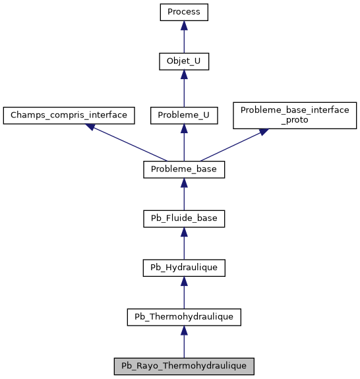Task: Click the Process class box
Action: click(184, 12)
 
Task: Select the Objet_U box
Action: click(184, 63)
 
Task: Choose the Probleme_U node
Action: click(184, 115)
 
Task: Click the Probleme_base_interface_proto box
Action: click(294, 115)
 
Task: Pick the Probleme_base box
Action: click(184, 169)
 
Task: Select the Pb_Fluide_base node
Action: click(184, 218)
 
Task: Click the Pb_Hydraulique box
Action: click(184, 268)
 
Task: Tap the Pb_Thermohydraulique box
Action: click(184, 316)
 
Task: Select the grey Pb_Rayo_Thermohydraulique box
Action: click(184, 365)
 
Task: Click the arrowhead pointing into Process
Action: click(184, 25)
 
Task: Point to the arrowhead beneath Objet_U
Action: click(184, 76)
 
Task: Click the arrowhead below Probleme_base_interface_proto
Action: click(263, 132)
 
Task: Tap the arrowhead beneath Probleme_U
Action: click(184, 128)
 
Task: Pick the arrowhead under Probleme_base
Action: click(184, 183)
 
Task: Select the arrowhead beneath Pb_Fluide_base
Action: click(184, 231)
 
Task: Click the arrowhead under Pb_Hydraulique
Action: click(184, 281)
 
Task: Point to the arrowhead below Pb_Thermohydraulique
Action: click(184, 330)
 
